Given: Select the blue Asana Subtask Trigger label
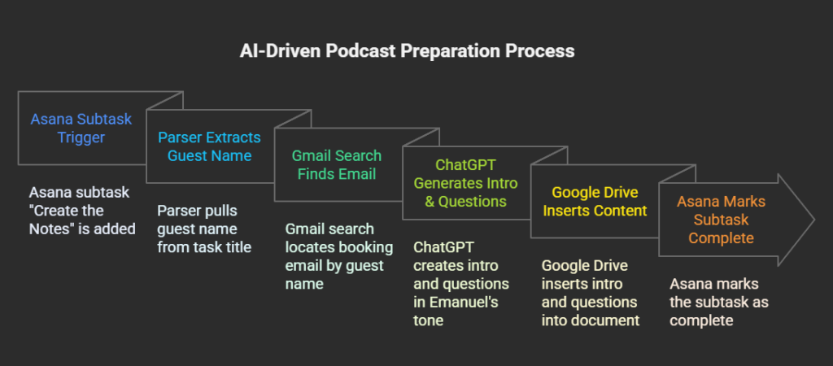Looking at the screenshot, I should (81, 128).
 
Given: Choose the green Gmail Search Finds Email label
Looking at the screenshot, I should (338, 164).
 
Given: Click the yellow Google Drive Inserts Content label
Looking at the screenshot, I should (594, 201).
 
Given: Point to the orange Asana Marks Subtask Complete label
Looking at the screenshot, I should (721, 220).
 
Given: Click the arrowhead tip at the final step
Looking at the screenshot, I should (813, 220).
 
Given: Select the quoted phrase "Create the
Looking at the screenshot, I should (68, 211).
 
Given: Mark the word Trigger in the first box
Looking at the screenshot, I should (81, 137).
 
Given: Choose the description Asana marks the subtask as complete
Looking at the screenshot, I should (718, 302).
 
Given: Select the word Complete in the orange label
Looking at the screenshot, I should (721, 238).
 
